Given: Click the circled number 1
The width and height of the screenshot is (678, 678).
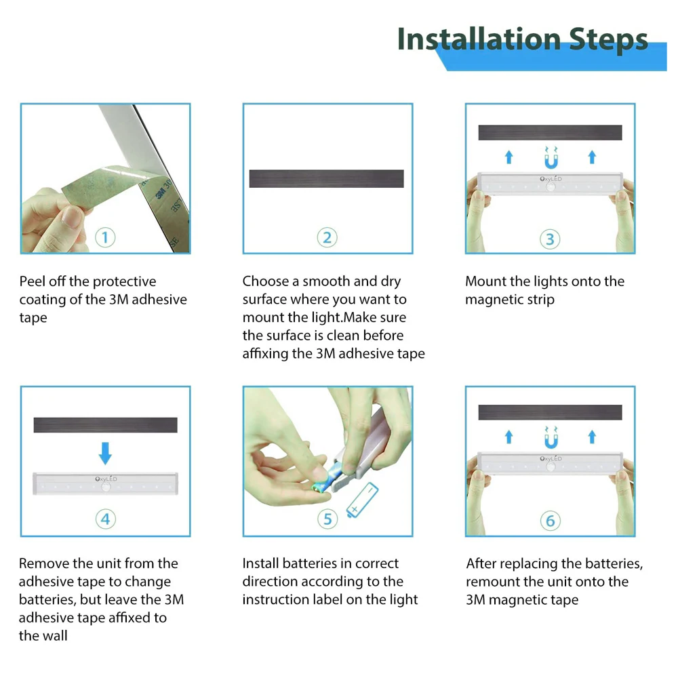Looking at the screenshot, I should [x=105, y=238].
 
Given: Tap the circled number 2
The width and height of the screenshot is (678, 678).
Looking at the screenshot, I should [x=327, y=238].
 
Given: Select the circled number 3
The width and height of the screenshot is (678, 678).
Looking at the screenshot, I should [x=550, y=239].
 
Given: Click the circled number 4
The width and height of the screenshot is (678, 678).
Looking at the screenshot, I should [x=105, y=520].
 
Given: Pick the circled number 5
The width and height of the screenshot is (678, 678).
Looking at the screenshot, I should [x=327, y=520].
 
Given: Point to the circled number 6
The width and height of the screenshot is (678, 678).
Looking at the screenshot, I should [x=550, y=521].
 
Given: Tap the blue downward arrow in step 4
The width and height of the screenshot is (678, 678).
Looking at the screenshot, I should [x=105, y=452].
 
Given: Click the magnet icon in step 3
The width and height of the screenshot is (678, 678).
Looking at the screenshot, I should [x=550, y=160].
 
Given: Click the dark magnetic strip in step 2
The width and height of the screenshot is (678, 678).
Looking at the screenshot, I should [x=327, y=178].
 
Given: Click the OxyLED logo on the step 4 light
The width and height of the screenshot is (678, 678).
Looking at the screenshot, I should [x=106, y=479].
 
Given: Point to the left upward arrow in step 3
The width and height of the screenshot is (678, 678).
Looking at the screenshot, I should [x=509, y=157].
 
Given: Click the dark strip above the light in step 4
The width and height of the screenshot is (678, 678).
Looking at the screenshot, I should [x=105, y=425].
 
